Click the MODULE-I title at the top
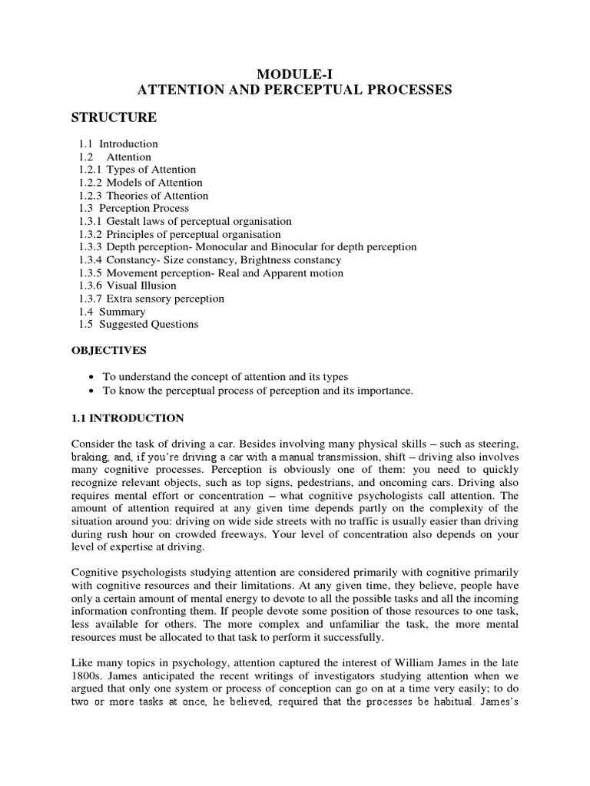tap(294, 74)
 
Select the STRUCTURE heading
tap(114, 117)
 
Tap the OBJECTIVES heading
tap(108, 350)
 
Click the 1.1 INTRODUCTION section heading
tap(128, 418)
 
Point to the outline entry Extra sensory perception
tap(165, 299)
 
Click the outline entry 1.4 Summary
tap(111, 312)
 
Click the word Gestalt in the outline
tap(124, 221)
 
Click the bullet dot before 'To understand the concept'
tap(92, 378)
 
